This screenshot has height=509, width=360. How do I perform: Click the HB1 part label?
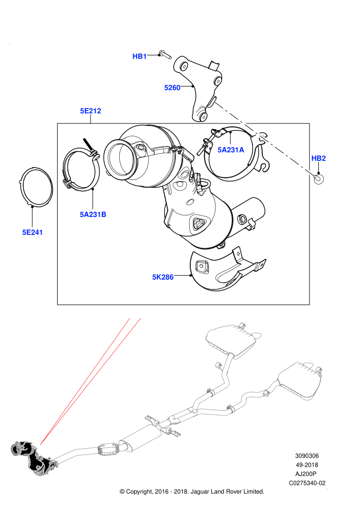139,56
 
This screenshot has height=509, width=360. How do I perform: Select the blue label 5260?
172,87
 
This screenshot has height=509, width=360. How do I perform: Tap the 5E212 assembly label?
91,111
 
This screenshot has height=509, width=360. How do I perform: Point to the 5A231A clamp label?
230,150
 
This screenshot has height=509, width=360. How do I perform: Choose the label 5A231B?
93,214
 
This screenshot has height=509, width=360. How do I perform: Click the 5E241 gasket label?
32,232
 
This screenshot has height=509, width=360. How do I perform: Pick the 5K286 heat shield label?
163,277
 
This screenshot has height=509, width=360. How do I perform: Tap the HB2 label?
318,158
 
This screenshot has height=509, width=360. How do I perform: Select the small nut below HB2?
318,178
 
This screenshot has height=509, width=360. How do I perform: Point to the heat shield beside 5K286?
224,271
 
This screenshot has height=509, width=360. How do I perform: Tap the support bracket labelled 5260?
199,87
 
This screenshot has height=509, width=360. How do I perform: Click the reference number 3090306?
307,456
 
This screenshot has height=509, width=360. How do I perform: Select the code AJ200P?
305,474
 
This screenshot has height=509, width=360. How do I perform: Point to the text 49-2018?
307,465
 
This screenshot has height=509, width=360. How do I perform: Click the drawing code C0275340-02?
307,483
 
